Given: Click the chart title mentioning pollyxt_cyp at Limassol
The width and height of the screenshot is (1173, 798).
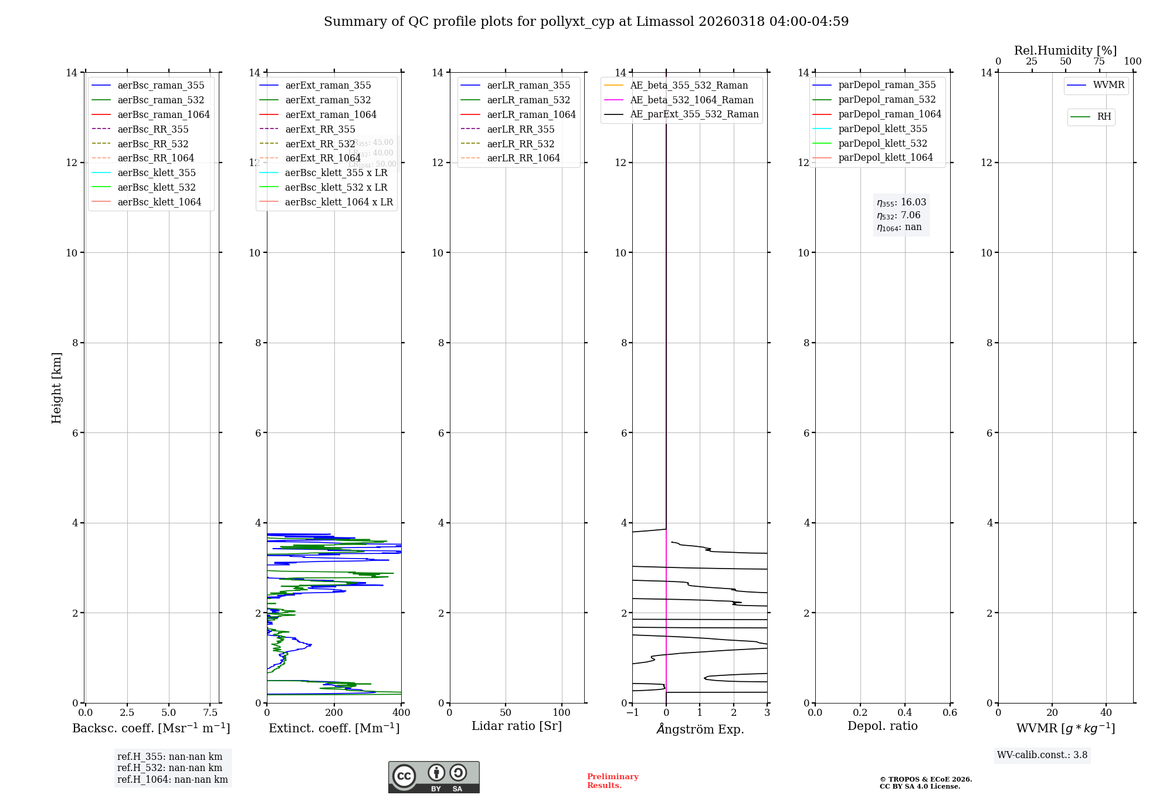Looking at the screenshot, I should pyautogui.click(x=586, y=22).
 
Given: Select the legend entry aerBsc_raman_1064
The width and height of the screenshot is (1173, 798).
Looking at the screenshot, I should pyautogui.click(x=163, y=114).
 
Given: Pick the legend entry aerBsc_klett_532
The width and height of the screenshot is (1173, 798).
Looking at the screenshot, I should pyautogui.click(x=156, y=187).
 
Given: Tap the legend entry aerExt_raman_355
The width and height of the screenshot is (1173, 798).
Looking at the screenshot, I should pyautogui.click(x=328, y=86).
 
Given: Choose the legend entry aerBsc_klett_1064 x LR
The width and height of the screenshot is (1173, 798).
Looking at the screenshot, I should pyautogui.click(x=338, y=202).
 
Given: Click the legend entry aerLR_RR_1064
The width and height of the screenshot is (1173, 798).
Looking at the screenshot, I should pyautogui.click(x=523, y=158).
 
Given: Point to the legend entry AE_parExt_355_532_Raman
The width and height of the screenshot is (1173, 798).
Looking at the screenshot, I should pyautogui.click(x=694, y=114).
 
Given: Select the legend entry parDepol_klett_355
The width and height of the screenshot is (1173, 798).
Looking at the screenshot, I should pyautogui.click(x=882, y=129).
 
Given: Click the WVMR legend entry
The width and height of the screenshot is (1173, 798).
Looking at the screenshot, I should pyautogui.click(x=1108, y=85).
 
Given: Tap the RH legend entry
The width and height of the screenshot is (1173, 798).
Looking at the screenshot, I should pyautogui.click(x=1103, y=117).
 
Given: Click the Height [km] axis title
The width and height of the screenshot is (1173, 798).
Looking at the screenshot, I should pyautogui.click(x=56, y=387).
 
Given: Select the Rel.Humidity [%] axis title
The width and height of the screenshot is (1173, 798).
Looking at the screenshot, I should pyautogui.click(x=1065, y=50).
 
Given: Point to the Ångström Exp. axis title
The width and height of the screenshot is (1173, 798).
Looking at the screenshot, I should pyautogui.click(x=700, y=729).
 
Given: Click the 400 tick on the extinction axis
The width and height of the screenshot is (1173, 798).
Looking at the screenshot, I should pyautogui.click(x=401, y=713).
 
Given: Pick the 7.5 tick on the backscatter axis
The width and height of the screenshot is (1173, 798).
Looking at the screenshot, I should pyautogui.click(x=211, y=713).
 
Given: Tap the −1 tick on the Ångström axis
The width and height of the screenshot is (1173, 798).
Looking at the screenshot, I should pyautogui.click(x=632, y=713).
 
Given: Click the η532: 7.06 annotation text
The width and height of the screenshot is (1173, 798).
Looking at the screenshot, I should pyautogui.click(x=899, y=215).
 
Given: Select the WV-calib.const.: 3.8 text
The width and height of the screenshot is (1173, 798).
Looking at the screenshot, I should pyautogui.click(x=1042, y=755).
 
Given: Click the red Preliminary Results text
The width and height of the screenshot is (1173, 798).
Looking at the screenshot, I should pyautogui.click(x=612, y=781).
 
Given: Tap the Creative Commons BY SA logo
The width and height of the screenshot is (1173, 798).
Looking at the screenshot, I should pyautogui.click(x=433, y=777).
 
